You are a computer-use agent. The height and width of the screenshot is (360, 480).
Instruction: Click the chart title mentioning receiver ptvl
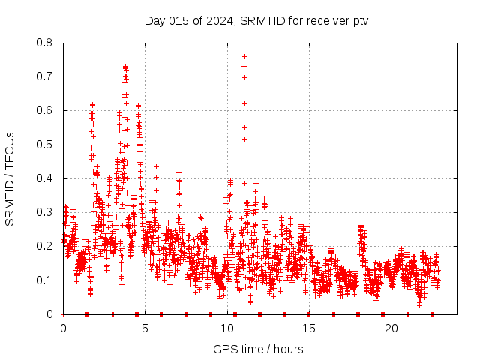tap(258, 20)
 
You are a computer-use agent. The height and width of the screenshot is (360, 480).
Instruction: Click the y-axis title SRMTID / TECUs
tap(10, 178)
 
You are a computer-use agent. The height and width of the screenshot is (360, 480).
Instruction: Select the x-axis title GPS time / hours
tap(258, 349)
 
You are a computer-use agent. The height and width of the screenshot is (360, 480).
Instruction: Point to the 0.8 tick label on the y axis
tap(46, 43)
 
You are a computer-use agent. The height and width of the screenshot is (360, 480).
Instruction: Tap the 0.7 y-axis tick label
tap(46, 76)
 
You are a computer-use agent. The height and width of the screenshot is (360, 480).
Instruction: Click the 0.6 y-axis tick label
tap(46, 111)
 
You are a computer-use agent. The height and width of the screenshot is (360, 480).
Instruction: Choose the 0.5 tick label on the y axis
tap(46, 145)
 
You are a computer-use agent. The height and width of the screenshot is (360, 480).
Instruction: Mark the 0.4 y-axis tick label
tap(46, 178)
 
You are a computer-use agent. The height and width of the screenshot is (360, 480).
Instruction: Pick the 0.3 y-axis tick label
tap(46, 212)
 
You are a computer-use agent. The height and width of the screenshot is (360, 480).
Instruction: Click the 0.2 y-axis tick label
tap(46, 246)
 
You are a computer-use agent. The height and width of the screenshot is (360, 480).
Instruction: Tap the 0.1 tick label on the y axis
tap(46, 280)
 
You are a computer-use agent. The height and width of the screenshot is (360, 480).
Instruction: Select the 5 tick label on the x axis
tap(145, 328)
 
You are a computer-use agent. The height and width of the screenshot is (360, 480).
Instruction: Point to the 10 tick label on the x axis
tap(227, 328)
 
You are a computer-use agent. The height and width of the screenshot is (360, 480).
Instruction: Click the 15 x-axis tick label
tap(310, 328)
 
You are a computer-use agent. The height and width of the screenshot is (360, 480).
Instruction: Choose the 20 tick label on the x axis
tap(391, 328)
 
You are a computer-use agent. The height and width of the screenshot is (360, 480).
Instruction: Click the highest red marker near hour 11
tap(244, 56)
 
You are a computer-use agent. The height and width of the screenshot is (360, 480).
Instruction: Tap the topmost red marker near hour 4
tap(125, 67)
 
